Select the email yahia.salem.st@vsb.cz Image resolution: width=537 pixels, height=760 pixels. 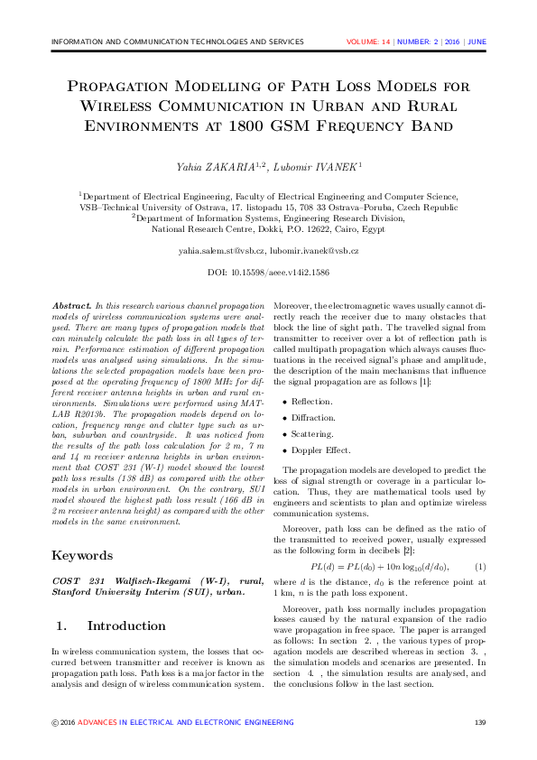[221, 249]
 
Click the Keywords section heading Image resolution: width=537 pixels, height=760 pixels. [82, 555]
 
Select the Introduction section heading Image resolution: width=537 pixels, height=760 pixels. [124, 626]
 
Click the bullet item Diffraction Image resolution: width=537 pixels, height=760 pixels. [313, 417]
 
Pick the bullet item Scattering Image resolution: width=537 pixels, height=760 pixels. [312, 433]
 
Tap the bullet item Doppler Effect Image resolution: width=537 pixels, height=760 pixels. [320, 450]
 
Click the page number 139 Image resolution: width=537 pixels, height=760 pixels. [480, 722]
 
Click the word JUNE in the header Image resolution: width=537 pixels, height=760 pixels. [477, 42]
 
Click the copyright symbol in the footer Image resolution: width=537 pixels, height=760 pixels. [55, 722]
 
